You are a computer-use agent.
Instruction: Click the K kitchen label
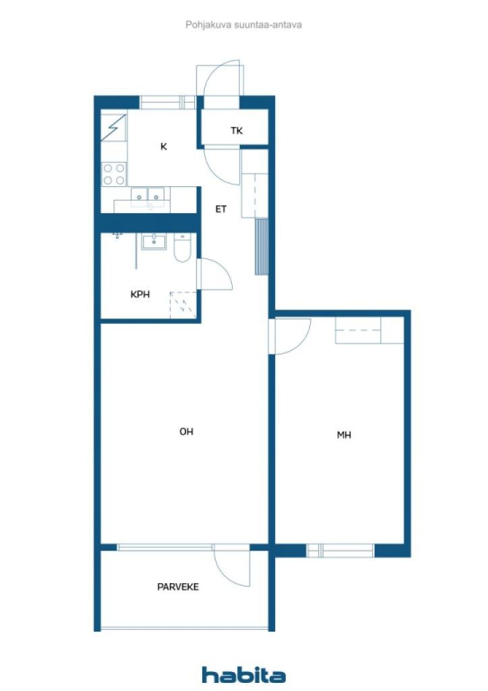point(164,146)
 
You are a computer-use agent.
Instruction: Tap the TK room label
point(237,130)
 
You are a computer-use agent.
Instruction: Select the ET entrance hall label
point(221,209)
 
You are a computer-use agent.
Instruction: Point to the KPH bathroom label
point(140,294)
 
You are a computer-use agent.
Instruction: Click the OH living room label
point(186,431)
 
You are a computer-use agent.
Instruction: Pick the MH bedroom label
point(344,435)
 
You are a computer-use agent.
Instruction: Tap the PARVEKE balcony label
point(178,586)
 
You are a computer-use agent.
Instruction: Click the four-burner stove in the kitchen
point(114,174)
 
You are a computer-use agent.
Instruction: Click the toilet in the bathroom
point(182,248)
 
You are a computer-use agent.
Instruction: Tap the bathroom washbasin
point(154,242)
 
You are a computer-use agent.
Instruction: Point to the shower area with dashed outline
point(183,304)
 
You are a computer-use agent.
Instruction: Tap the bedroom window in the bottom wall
point(340,551)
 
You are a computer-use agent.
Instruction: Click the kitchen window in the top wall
point(168,103)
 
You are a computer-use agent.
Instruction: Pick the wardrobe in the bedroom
point(369,331)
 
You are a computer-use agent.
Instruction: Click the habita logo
point(243,675)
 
